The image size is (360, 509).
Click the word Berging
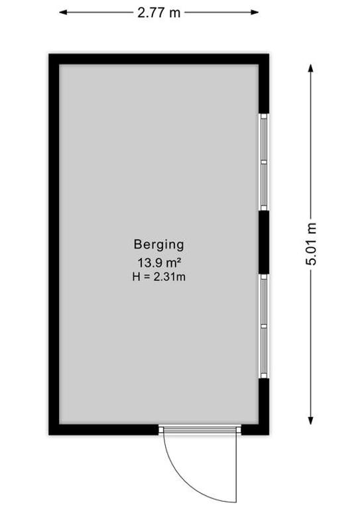pos(158,245)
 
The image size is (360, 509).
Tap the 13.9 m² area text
pos(159,262)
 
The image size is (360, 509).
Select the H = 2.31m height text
pos(158,277)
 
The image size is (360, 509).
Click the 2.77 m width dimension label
pos(158,13)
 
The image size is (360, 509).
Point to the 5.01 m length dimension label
pos(311,244)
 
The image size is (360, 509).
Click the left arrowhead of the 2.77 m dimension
pos(62,13)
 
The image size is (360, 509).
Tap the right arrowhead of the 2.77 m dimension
pos(255,13)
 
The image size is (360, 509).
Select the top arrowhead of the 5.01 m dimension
pos(311,68)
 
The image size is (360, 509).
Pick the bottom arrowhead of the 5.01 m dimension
pos(311,420)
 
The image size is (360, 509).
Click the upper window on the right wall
pos(264,162)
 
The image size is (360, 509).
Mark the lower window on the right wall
pos(264,326)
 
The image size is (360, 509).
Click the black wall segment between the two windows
pos(264,243)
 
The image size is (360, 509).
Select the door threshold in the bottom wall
pos(200,429)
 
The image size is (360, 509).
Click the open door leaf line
pos(236,468)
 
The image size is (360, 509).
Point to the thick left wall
pos(54,244)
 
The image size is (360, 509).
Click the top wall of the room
pos(158,59)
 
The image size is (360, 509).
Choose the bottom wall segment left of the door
pos(103,429)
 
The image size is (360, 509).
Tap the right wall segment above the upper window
pos(264,84)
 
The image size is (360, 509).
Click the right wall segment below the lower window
pos(264,406)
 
